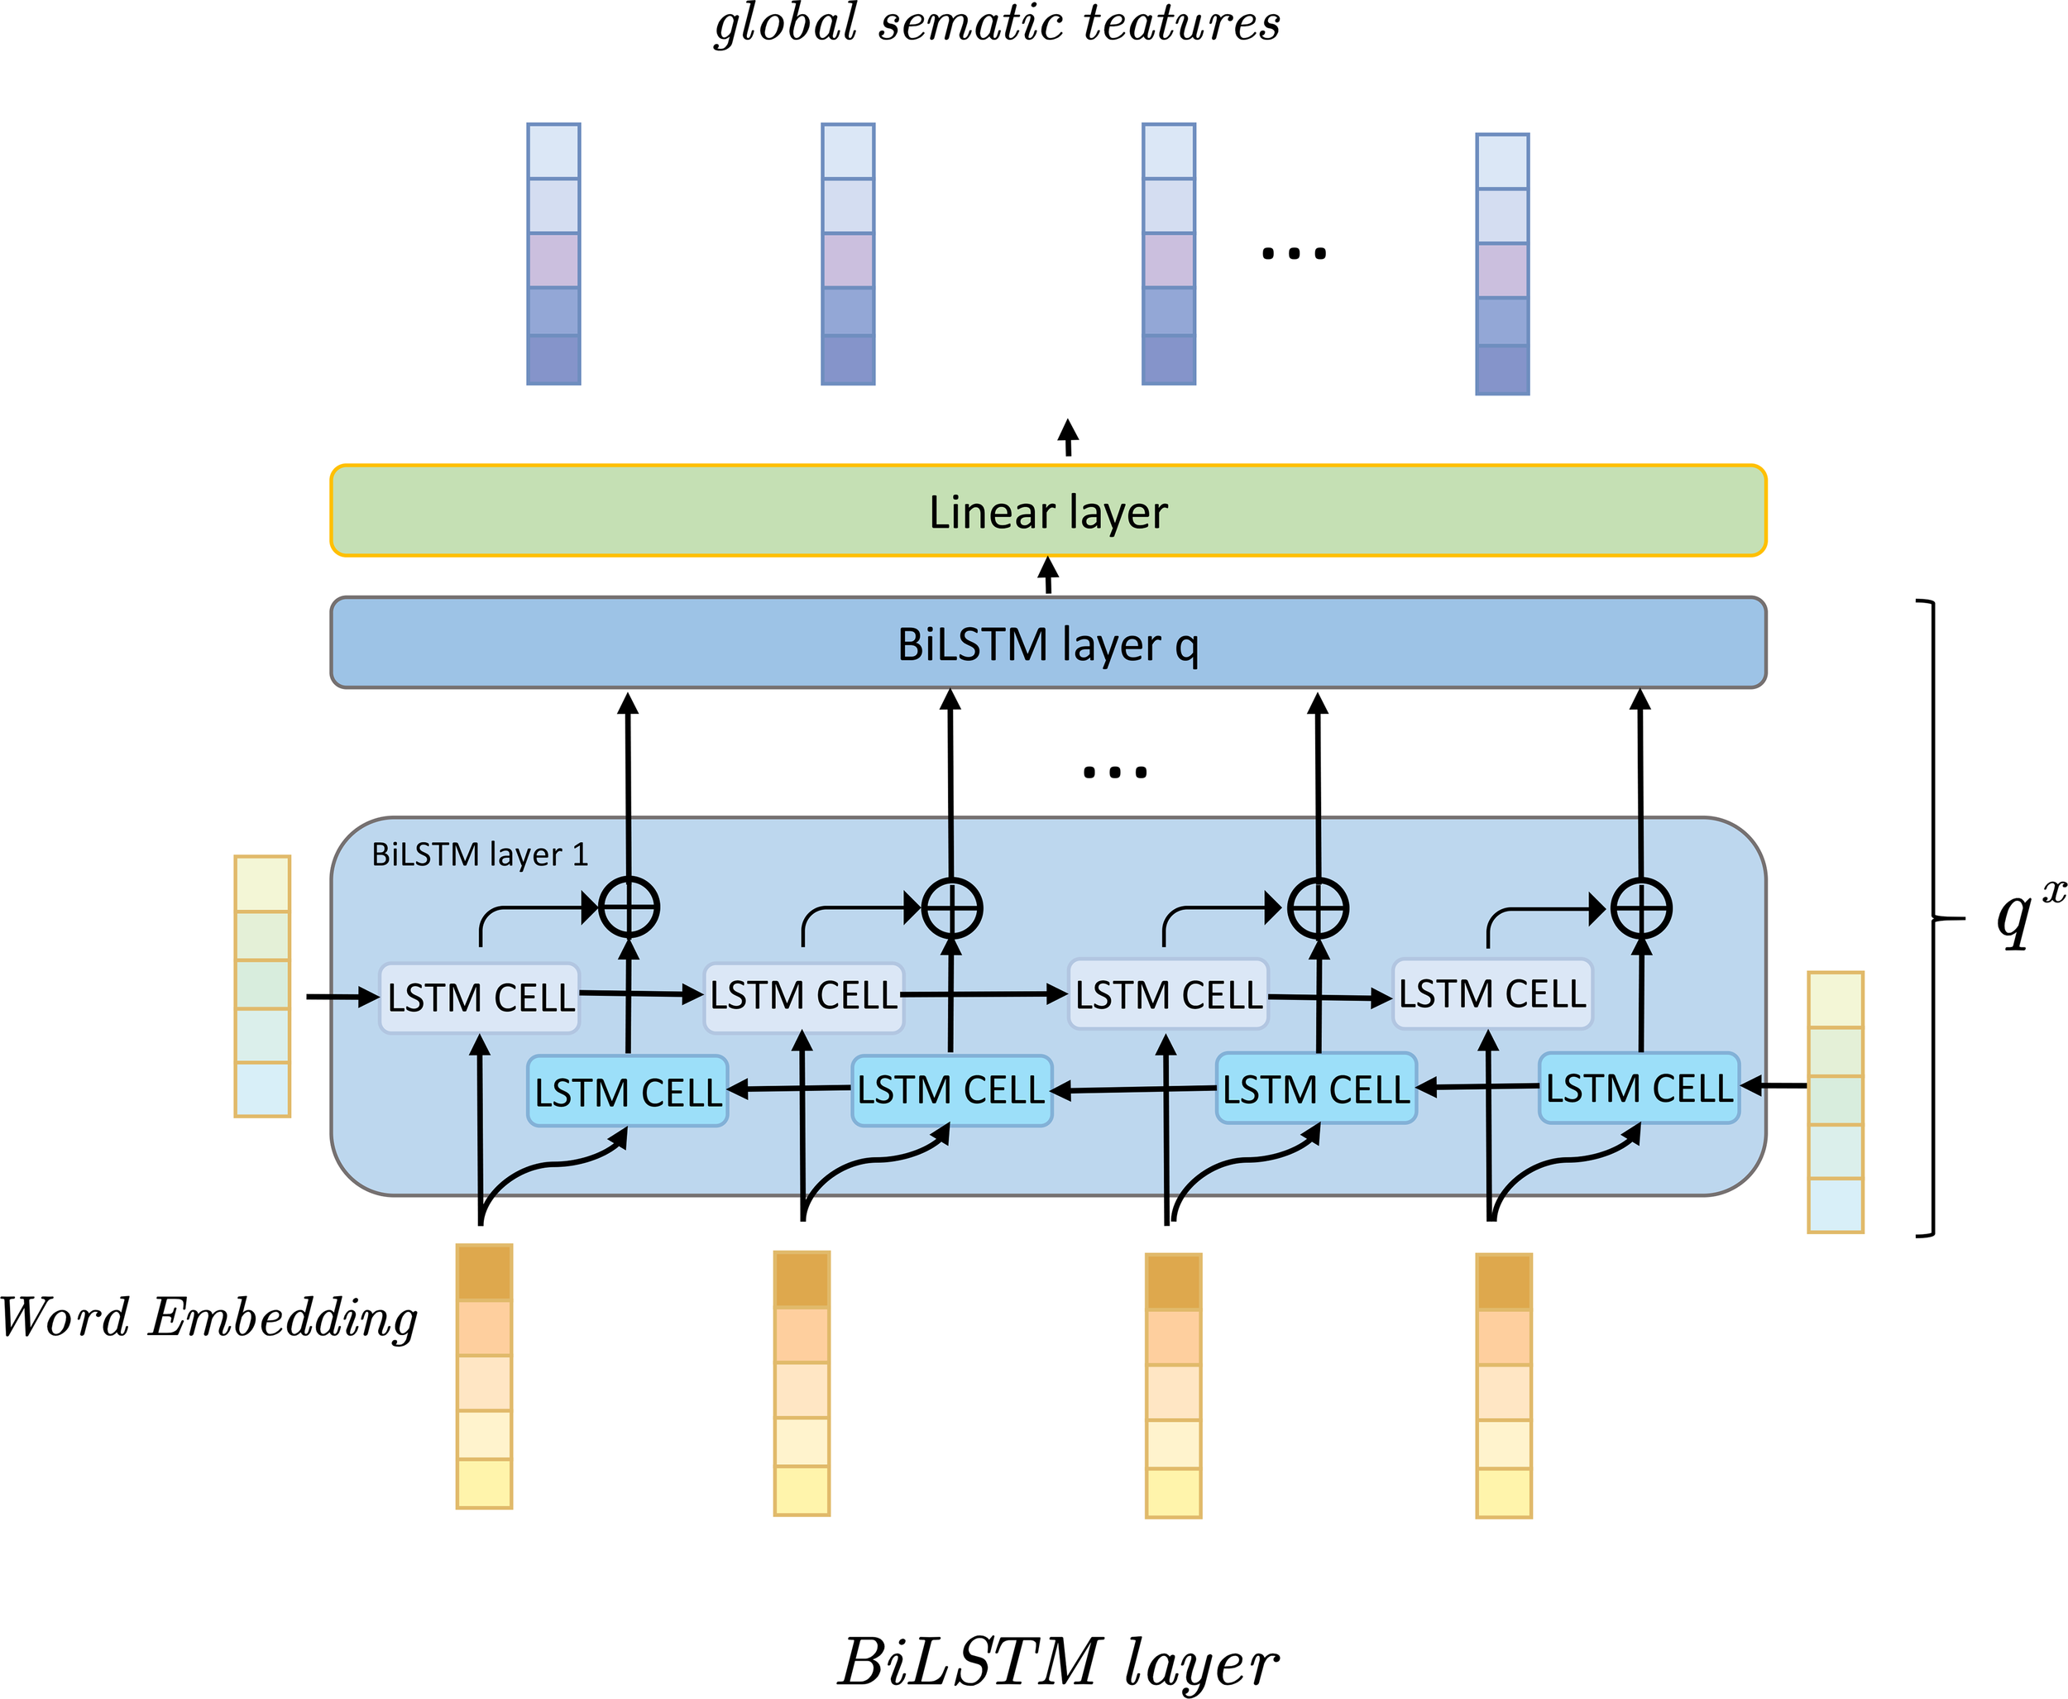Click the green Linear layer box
click(x=1047, y=511)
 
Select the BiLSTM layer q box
click(x=1047, y=643)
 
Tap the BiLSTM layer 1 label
click(x=480, y=854)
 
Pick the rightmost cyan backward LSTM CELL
click(x=1639, y=1089)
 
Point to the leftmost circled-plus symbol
click(x=629, y=907)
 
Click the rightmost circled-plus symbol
click(x=1641, y=908)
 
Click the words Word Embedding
click(x=208, y=1319)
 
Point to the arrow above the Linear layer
click(x=1069, y=438)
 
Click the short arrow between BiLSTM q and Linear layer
click(x=1048, y=576)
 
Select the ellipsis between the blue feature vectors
click(x=1294, y=253)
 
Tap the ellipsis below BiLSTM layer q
click(x=1115, y=773)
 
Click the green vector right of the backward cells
click(x=1835, y=1101)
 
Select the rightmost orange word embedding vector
click(x=1503, y=1385)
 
